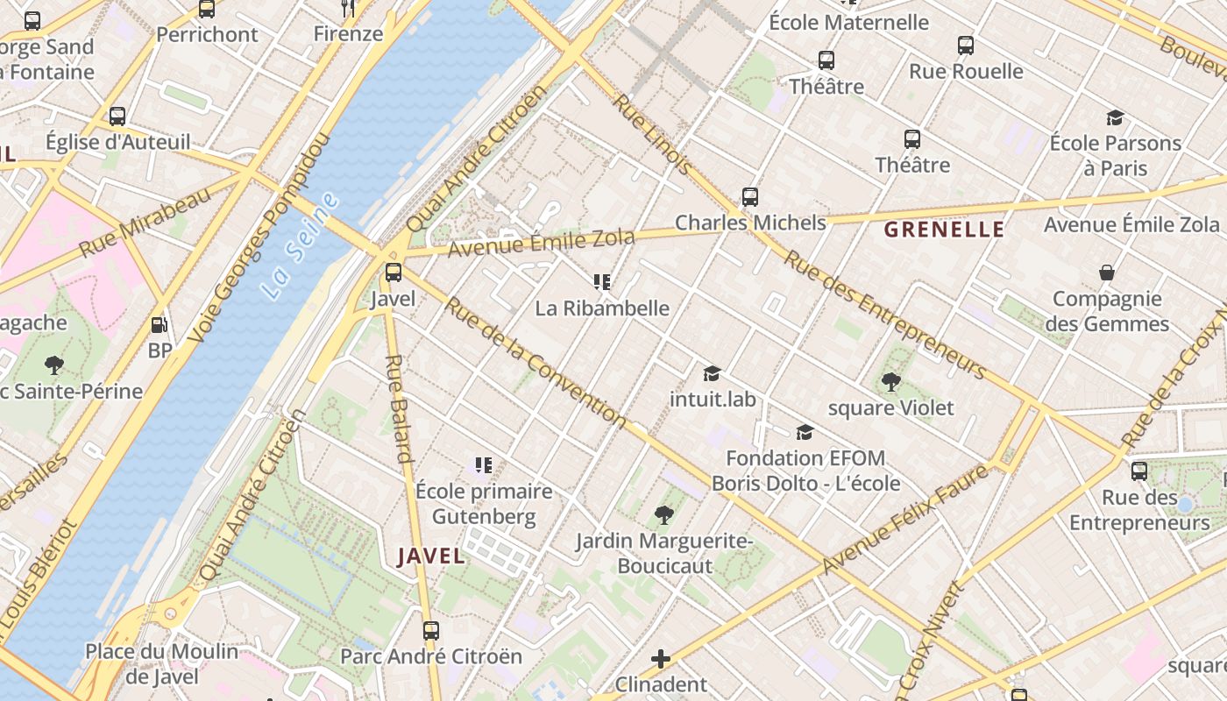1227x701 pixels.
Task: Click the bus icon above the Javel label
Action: [394, 273]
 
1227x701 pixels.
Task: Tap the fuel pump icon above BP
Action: [159, 325]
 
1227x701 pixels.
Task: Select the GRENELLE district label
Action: [944, 230]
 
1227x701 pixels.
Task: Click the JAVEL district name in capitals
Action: [431, 556]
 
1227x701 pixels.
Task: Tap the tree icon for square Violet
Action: [891, 381]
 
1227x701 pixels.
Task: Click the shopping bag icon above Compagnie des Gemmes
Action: [1107, 273]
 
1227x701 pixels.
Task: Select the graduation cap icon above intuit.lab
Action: [712, 373]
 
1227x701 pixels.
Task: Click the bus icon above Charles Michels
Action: [749, 197]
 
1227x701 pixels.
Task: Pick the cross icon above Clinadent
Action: [661, 658]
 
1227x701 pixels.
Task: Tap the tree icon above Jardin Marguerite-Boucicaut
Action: [664, 515]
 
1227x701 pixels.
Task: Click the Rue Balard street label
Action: [398, 408]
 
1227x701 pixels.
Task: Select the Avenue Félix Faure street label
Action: [906, 520]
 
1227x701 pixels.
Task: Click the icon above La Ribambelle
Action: [602, 282]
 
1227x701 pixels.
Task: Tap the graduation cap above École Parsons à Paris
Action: [1115, 117]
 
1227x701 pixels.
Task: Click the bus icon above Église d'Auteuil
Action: [117, 116]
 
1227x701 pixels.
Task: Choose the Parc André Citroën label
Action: [430, 656]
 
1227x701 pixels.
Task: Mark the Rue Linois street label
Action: [653, 133]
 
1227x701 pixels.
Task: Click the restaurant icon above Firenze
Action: [349, 9]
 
